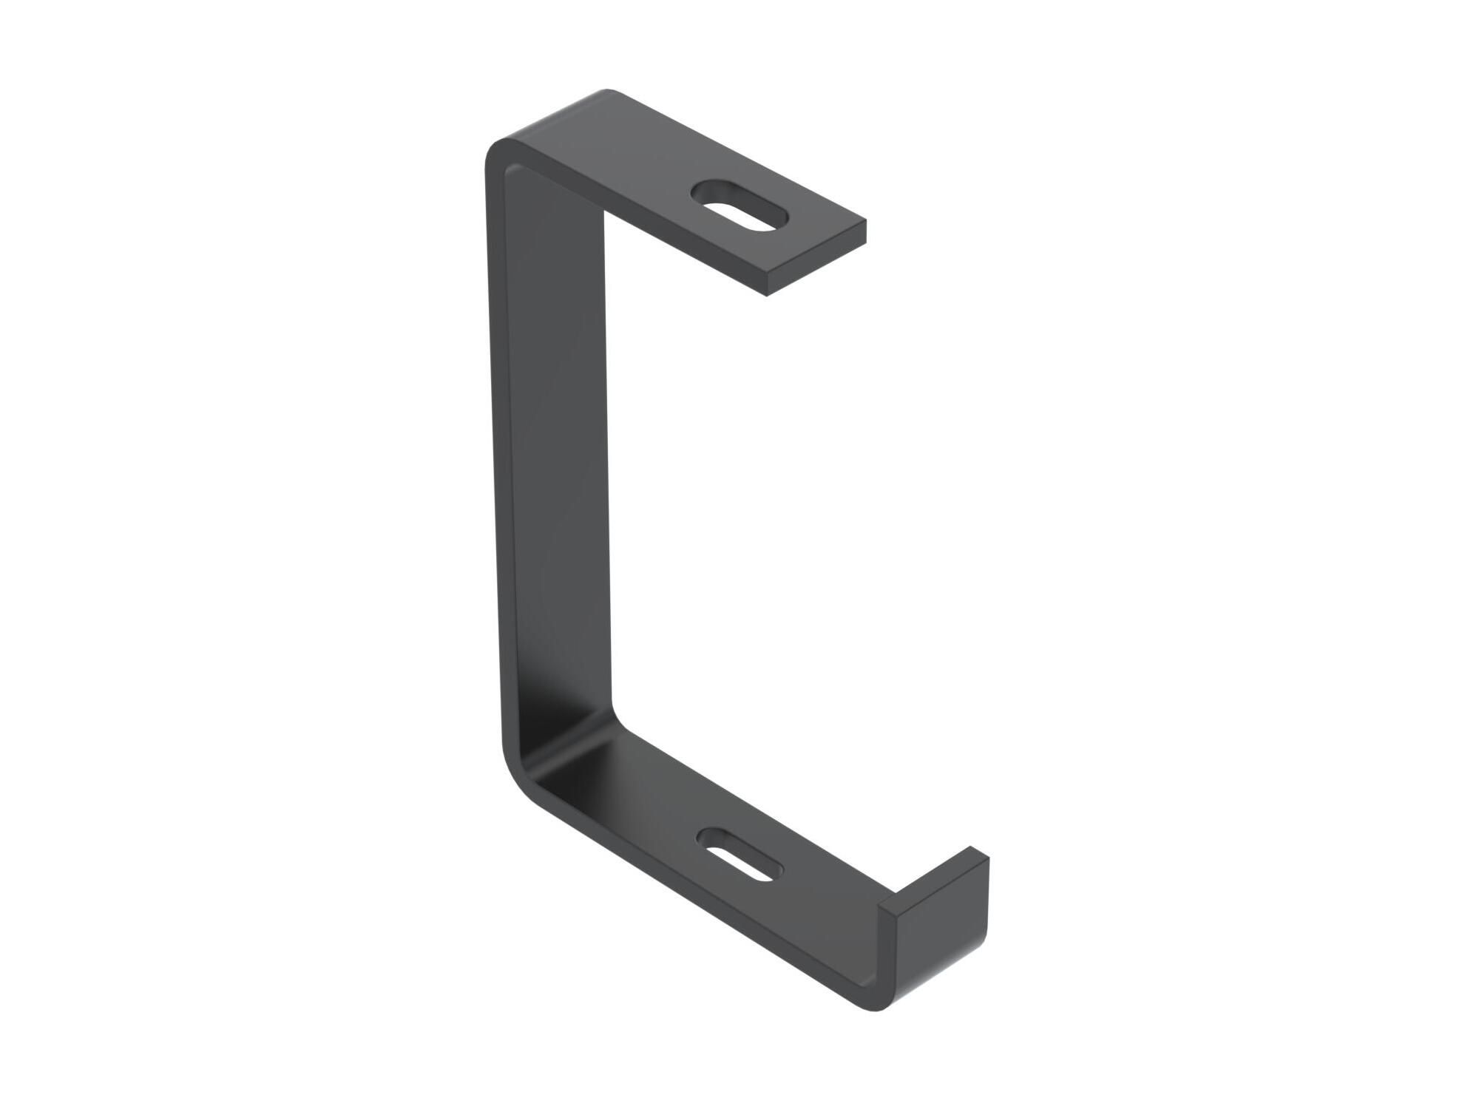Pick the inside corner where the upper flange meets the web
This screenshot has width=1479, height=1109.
pos(603,214)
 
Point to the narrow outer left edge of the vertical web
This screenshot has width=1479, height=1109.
pos(493,458)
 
